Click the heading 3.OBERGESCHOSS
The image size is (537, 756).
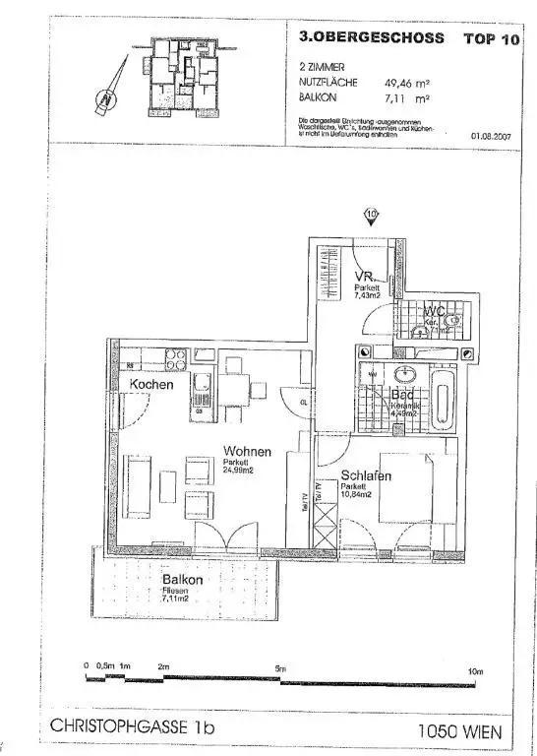pos(361,38)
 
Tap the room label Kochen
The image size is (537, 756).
pos(151,385)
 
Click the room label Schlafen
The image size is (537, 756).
pos(368,476)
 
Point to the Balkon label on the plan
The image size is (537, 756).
pos(182,580)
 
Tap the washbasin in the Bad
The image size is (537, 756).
pos(404,375)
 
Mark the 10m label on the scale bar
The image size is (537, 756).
pos(476,671)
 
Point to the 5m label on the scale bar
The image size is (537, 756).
pos(282,669)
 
